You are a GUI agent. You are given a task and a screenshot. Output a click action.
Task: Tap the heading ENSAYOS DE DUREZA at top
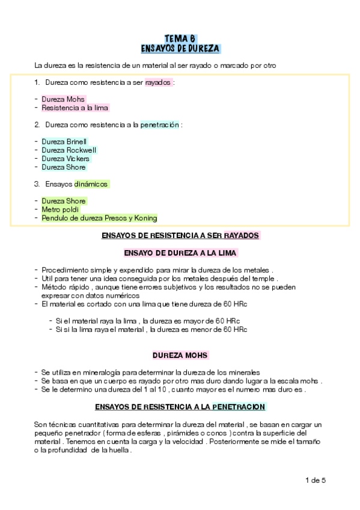click(x=180, y=48)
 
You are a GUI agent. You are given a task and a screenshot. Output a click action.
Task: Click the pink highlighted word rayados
click(x=158, y=82)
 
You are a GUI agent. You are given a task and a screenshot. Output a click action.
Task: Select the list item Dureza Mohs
click(x=63, y=99)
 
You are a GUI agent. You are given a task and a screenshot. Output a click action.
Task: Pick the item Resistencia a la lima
click(x=75, y=108)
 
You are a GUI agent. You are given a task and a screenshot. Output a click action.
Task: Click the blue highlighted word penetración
click(x=159, y=124)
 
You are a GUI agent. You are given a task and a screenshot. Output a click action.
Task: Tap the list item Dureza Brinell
click(x=64, y=141)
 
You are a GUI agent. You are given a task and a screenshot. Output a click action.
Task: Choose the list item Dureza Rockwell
click(x=69, y=150)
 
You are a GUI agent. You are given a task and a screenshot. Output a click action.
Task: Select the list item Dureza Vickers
click(x=66, y=159)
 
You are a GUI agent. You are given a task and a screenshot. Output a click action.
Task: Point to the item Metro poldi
click(x=61, y=209)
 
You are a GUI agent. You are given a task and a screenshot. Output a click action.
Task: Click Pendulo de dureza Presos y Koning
click(x=99, y=218)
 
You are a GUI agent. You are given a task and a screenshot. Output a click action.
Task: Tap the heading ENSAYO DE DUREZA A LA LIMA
click(x=180, y=253)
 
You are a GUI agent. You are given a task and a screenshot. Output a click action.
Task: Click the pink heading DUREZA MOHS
click(x=180, y=355)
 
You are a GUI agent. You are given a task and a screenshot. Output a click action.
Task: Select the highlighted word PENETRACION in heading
click(x=238, y=407)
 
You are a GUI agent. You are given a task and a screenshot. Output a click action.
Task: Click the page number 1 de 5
click(x=315, y=480)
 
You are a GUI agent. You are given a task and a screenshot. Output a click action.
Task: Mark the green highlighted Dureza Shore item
click(x=64, y=201)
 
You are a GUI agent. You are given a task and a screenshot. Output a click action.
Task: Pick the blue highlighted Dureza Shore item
click(x=64, y=167)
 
